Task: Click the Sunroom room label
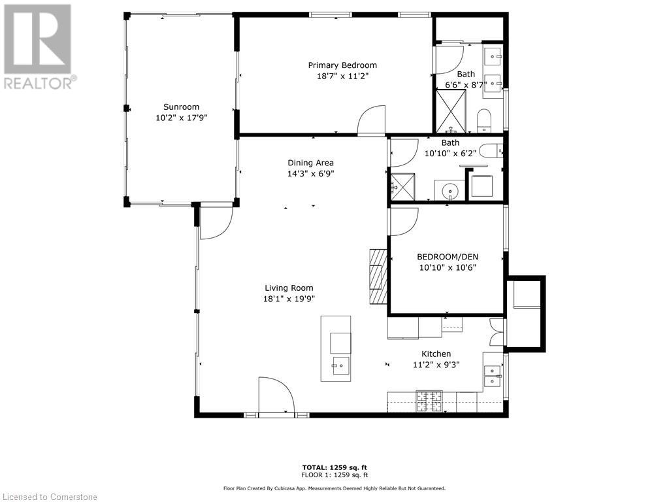click(x=181, y=107)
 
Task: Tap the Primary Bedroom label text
click(x=342, y=65)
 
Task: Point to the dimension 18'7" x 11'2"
click(x=342, y=76)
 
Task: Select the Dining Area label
click(x=311, y=163)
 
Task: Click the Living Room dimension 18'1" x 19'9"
click(x=289, y=299)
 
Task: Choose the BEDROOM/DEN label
click(x=447, y=256)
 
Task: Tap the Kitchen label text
click(x=436, y=354)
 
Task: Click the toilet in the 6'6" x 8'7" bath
click(x=484, y=120)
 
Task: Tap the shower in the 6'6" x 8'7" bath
click(x=451, y=110)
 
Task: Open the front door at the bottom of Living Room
click(x=276, y=396)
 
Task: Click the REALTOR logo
click(x=39, y=46)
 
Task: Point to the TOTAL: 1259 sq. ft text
click(x=334, y=467)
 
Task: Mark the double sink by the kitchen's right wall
click(x=492, y=376)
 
